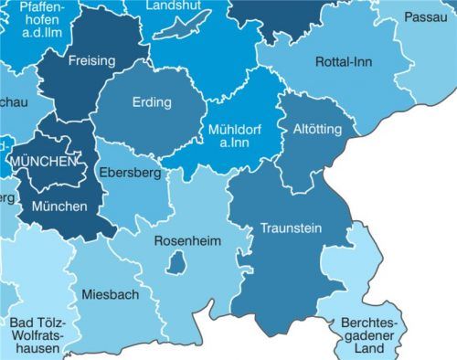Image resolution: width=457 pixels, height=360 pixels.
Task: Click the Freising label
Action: click(x=91, y=61)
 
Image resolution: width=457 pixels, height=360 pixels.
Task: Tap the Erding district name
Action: click(x=152, y=102)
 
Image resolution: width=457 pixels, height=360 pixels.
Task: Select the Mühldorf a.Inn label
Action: click(x=235, y=136)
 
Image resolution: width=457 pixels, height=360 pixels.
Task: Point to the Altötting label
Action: click(x=316, y=130)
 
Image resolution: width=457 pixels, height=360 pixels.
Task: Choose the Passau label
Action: click(x=425, y=17)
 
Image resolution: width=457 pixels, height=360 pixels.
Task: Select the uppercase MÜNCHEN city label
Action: click(x=42, y=162)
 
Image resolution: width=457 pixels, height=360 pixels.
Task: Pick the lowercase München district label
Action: click(x=59, y=206)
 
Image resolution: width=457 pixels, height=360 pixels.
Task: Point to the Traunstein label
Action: click(x=291, y=228)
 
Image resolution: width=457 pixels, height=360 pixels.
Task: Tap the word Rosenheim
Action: click(x=186, y=241)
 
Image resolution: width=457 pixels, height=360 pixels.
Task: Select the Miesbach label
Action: click(x=110, y=294)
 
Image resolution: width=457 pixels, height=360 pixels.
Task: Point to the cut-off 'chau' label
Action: click(x=13, y=102)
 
